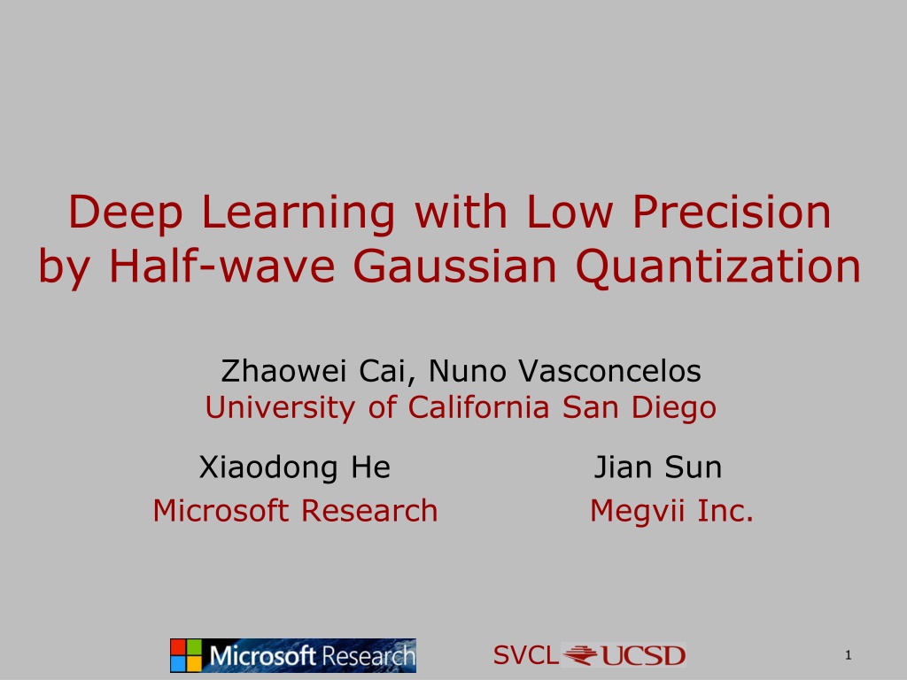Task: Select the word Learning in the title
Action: click(x=298, y=215)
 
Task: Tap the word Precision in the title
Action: click(x=731, y=212)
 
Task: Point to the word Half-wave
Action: click(x=222, y=266)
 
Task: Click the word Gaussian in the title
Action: click(x=455, y=266)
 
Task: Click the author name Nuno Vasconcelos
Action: click(x=564, y=371)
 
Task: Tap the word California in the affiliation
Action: click(x=478, y=406)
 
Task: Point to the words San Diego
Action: click(x=640, y=407)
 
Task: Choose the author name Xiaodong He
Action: click(x=295, y=467)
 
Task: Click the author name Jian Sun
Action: click(x=658, y=467)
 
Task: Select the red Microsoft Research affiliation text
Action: click(x=295, y=511)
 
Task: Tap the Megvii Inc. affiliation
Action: click(x=671, y=512)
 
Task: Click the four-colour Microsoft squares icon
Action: click(x=186, y=656)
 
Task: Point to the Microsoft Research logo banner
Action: click(x=293, y=656)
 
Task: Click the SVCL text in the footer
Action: click(x=526, y=655)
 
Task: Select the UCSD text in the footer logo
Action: click(x=643, y=656)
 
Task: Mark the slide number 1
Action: click(x=849, y=655)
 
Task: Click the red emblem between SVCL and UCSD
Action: click(x=580, y=655)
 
